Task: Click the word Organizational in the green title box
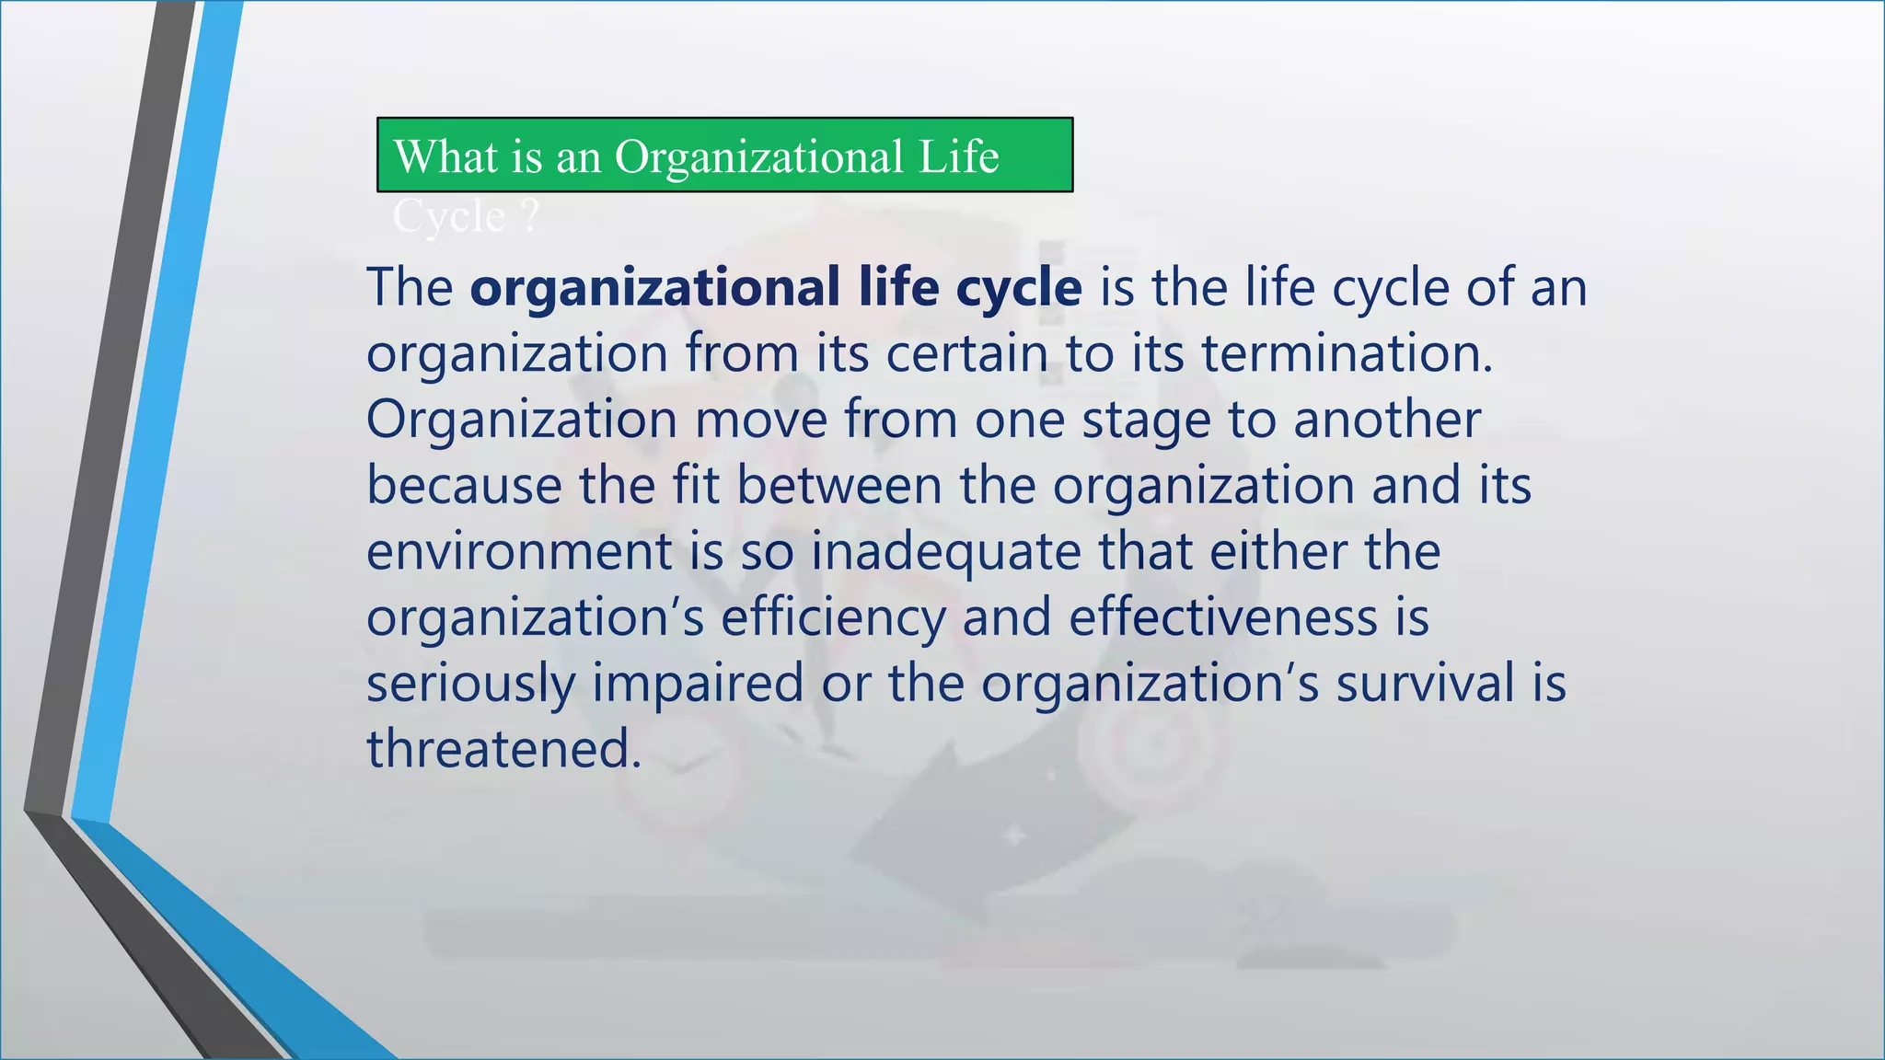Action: (758, 156)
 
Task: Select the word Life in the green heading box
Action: (958, 156)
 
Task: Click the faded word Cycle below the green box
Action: (449, 217)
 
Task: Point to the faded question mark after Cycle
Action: (529, 217)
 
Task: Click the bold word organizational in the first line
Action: (654, 288)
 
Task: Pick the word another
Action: (1387, 420)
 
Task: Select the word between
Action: (839, 486)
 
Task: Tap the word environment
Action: (519, 552)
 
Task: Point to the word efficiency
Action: (833, 618)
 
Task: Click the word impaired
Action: (698, 685)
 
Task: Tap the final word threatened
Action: (503, 749)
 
